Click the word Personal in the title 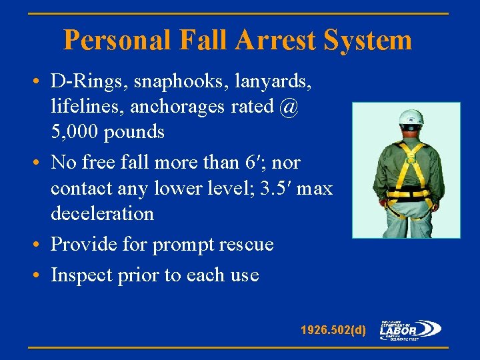point(116,41)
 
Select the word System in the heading point(368,41)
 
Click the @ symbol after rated point(289,107)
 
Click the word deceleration point(102,213)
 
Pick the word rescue point(248,245)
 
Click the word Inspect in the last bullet point(79,275)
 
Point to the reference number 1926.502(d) point(333,329)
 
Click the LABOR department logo point(410,329)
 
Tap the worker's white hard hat point(411,118)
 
